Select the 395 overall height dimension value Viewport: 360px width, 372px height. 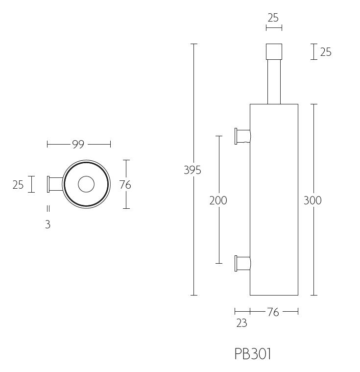[x=192, y=170]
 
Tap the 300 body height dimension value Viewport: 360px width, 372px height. [x=312, y=200]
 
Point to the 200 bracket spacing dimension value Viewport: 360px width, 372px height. [x=218, y=200]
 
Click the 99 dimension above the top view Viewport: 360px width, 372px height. [x=78, y=144]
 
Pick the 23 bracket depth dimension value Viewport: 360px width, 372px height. [x=241, y=323]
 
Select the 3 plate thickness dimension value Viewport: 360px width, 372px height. [x=48, y=225]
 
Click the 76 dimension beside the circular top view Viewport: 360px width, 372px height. [x=125, y=185]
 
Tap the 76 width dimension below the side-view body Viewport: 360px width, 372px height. [x=273, y=312]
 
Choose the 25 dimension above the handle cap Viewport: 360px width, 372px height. [x=273, y=18]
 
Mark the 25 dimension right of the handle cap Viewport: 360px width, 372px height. [x=326, y=52]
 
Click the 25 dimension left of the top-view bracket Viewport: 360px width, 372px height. [x=18, y=185]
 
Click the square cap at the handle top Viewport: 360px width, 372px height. [x=274, y=52]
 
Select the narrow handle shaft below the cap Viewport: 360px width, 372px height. [x=274, y=82]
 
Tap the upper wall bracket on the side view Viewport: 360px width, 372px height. [x=242, y=136]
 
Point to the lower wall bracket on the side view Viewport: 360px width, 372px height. [x=242, y=263]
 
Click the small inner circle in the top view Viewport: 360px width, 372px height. [x=86, y=184]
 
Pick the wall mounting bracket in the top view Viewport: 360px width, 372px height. [x=53, y=184]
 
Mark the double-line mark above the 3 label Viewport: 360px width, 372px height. [x=48, y=208]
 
